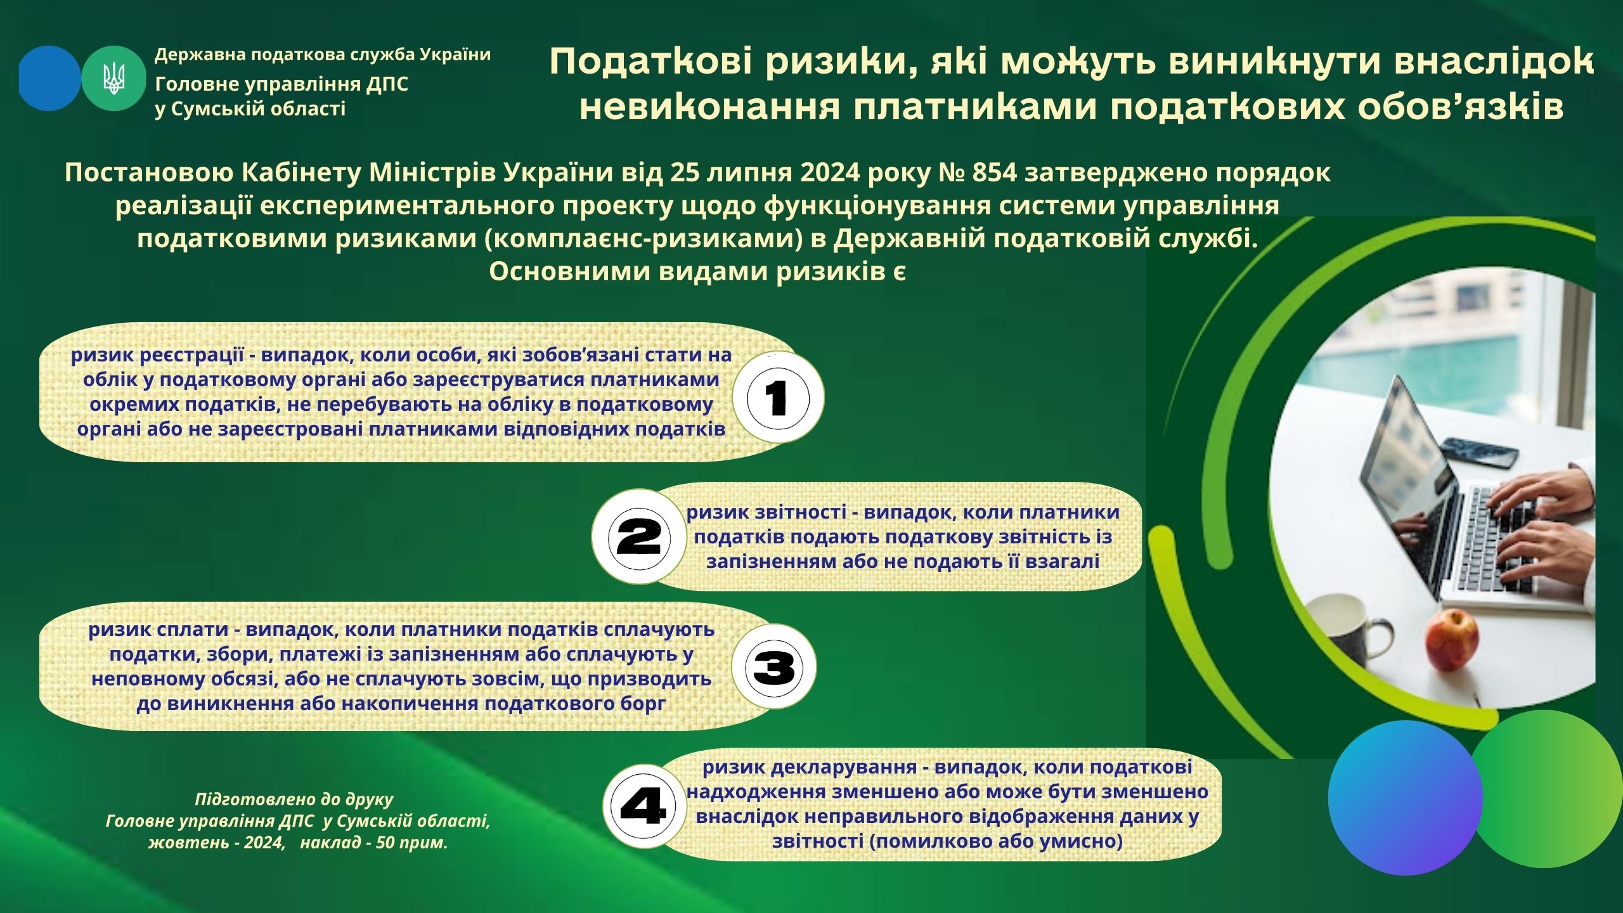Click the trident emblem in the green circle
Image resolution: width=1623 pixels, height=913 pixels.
coord(114,79)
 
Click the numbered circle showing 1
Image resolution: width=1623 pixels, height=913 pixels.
coord(779,398)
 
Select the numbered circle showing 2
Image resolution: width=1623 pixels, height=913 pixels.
coord(639,537)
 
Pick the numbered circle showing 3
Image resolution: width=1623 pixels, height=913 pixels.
coord(774,666)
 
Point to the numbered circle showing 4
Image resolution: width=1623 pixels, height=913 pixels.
coord(643,806)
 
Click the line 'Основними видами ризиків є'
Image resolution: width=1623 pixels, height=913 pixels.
coord(697,272)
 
